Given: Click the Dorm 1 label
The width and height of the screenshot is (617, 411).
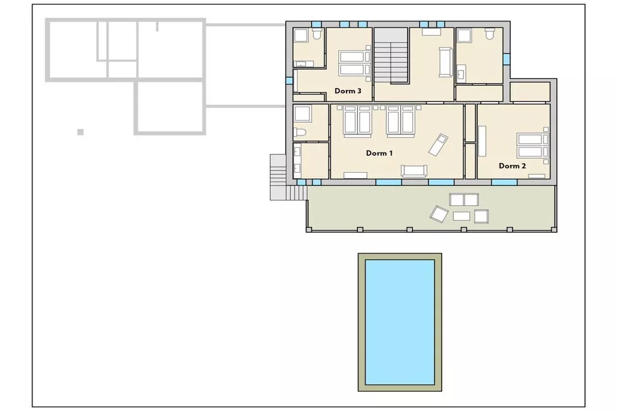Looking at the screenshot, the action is point(380,153).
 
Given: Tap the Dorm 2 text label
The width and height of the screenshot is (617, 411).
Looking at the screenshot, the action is point(512,166).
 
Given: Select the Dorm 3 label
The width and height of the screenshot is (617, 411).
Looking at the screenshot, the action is point(348,91).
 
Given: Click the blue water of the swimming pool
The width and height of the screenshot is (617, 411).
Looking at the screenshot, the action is point(400,322).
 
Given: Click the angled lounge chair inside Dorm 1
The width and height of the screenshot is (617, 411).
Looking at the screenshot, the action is point(438,144).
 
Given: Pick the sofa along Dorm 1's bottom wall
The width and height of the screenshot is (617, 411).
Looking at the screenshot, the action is point(414,170).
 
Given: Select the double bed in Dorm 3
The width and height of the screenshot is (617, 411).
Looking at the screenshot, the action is point(354,63).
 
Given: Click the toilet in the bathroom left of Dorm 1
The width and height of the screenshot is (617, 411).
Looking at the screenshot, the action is point(299,133).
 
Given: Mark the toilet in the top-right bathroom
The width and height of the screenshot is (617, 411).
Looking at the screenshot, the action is point(489,34).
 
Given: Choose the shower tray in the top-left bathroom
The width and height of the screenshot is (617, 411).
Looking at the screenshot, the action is point(301,36).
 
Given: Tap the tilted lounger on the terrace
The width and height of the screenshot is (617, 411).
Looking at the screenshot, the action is point(439,214).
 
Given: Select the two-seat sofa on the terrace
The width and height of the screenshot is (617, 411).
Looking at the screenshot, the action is point(465,200).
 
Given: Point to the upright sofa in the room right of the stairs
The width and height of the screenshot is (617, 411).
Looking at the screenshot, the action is point(446,62).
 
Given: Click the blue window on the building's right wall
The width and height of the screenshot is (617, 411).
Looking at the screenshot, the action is point(507,59).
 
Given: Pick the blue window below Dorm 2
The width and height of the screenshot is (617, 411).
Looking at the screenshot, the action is point(504,182).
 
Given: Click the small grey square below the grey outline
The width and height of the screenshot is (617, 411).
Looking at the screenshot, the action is point(80,132).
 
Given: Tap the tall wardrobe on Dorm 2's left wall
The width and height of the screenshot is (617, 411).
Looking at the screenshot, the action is point(482,141).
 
